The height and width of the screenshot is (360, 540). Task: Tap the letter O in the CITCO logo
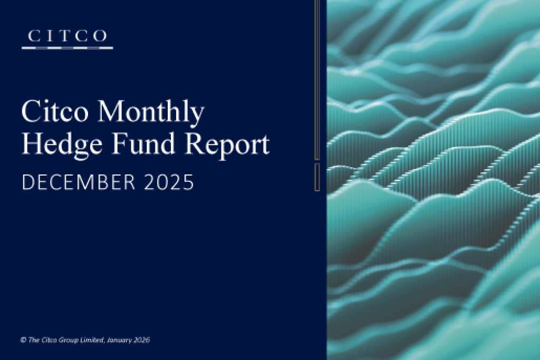point(100,36)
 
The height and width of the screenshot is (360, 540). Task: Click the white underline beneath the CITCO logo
point(67,48)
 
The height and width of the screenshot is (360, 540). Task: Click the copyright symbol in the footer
point(23,340)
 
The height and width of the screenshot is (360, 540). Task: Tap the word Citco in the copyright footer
point(46,340)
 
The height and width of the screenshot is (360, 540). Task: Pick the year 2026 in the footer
point(141,340)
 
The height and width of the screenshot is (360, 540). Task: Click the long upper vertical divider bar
point(317,79)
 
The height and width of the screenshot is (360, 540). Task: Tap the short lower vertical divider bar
point(317,177)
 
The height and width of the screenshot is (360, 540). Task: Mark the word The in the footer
point(32,340)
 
